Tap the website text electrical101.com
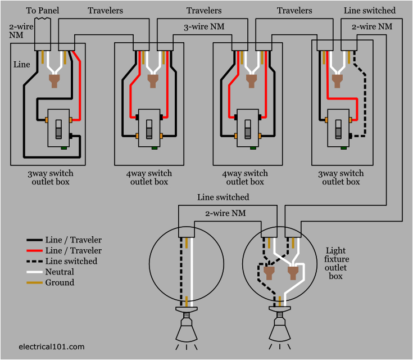click(51, 347)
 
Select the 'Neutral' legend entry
click(60, 272)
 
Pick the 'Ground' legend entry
click(60, 282)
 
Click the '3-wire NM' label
click(203, 26)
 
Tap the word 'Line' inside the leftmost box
click(21, 65)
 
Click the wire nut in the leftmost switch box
click(55, 82)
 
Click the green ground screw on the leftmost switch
click(64, 148)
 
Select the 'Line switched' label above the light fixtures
click(223, 197)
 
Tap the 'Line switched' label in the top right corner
click(369, 11)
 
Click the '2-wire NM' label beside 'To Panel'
click(17, 31)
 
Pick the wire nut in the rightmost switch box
click(337, 82)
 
